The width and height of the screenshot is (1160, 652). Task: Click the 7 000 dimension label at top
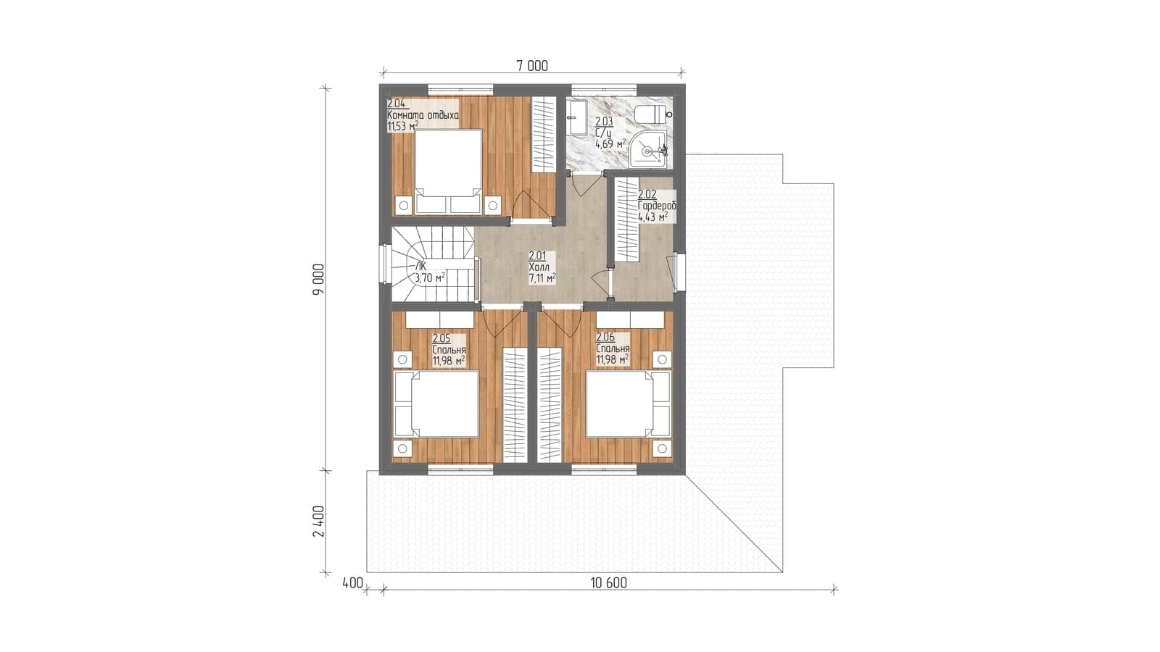[532, 66]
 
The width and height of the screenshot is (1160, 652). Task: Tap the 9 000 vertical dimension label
[318, 279]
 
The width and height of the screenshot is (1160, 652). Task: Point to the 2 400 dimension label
[318, 521]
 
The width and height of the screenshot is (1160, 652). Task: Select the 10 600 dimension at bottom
[608, 583]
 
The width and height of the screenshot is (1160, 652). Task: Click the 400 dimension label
[352, 583]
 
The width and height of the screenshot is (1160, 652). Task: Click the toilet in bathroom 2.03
[652, 114]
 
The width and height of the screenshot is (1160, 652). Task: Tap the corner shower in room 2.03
[648, 149]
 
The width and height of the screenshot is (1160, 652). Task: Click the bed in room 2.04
[449, 171]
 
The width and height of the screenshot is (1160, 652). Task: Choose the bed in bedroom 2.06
[628, 404]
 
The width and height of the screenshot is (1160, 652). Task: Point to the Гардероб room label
[657, 206]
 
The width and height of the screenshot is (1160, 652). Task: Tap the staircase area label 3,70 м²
[430, 278]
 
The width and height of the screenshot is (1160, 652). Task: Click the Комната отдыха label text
[423, 115]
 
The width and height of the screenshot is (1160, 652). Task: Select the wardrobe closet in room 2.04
[544, 135]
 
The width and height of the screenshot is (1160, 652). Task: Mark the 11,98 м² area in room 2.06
[613, 359]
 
